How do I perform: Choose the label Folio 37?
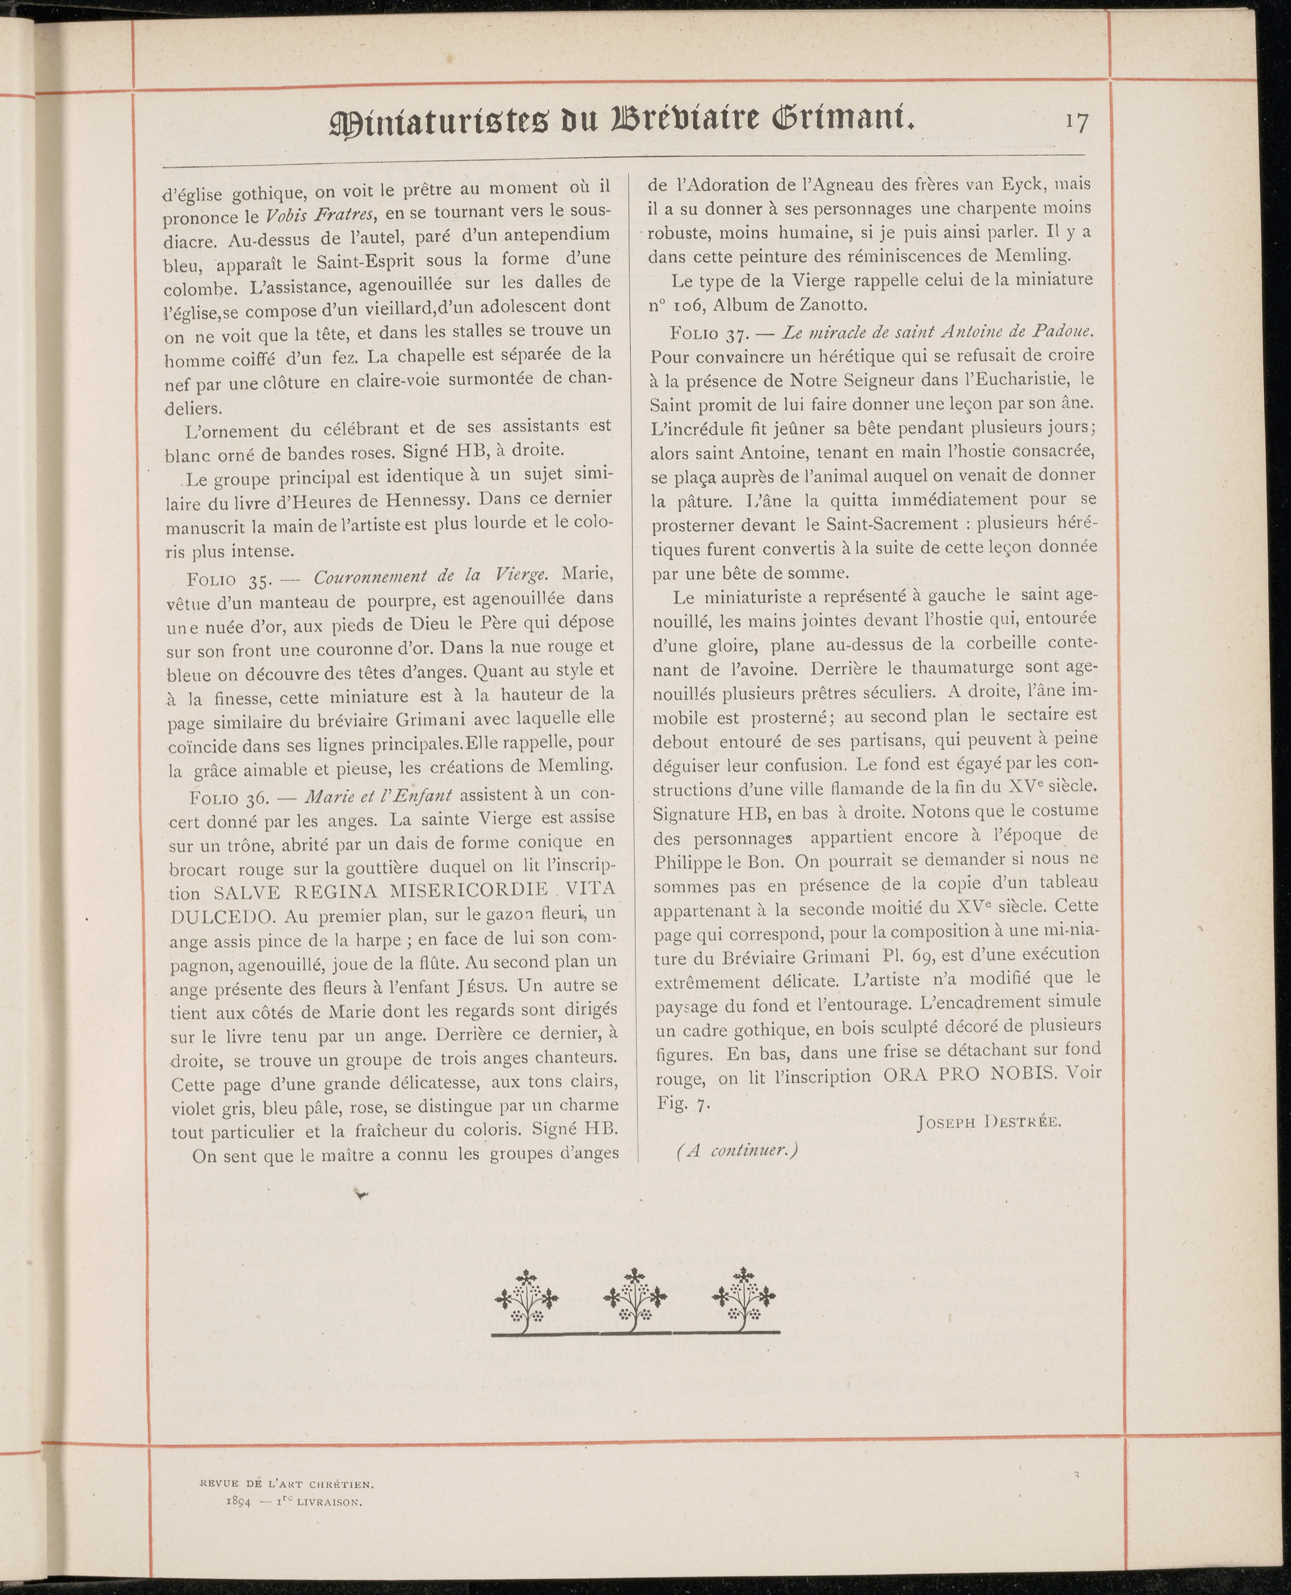coord(704,333)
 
